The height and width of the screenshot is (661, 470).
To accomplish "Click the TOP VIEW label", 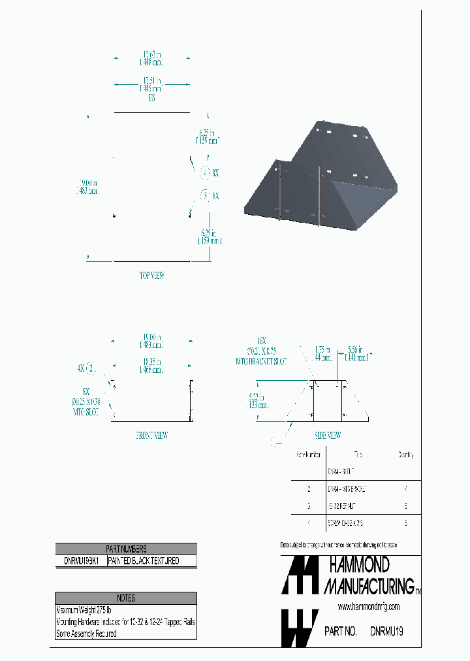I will point(152,276).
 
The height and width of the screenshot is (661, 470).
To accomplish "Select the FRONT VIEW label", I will point(152,436).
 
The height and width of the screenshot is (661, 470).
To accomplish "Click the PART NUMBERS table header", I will point(125,549).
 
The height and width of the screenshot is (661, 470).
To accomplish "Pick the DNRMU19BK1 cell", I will point(81,561).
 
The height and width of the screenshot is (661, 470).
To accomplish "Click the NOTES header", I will point(125,598).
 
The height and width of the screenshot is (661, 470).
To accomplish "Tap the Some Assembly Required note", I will point(87,634).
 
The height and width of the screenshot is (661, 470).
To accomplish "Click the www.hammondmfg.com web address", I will point(369,607).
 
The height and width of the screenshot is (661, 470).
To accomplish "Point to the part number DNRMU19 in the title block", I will point(386,632).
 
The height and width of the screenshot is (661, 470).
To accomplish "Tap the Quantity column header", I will point(405,455).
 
